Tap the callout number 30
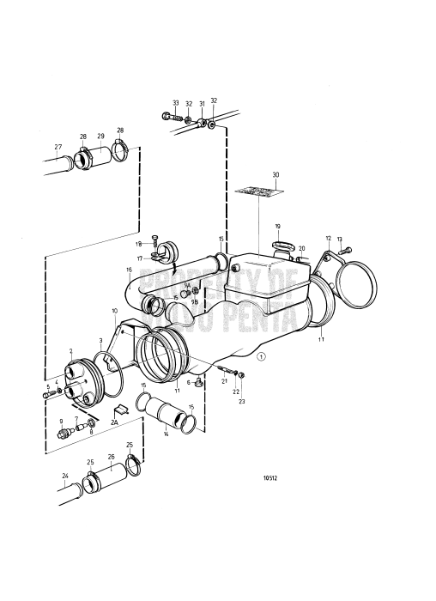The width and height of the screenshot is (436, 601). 276,174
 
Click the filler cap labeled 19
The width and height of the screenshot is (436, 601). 282,249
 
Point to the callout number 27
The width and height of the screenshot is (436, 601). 58,146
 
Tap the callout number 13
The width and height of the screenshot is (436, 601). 339,240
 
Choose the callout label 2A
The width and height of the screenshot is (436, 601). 115,422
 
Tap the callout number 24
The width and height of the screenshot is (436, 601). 65,475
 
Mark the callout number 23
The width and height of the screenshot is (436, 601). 242,401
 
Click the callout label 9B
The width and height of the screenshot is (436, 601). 195,302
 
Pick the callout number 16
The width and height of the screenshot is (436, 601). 130,270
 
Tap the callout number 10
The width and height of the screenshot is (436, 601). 114,310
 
